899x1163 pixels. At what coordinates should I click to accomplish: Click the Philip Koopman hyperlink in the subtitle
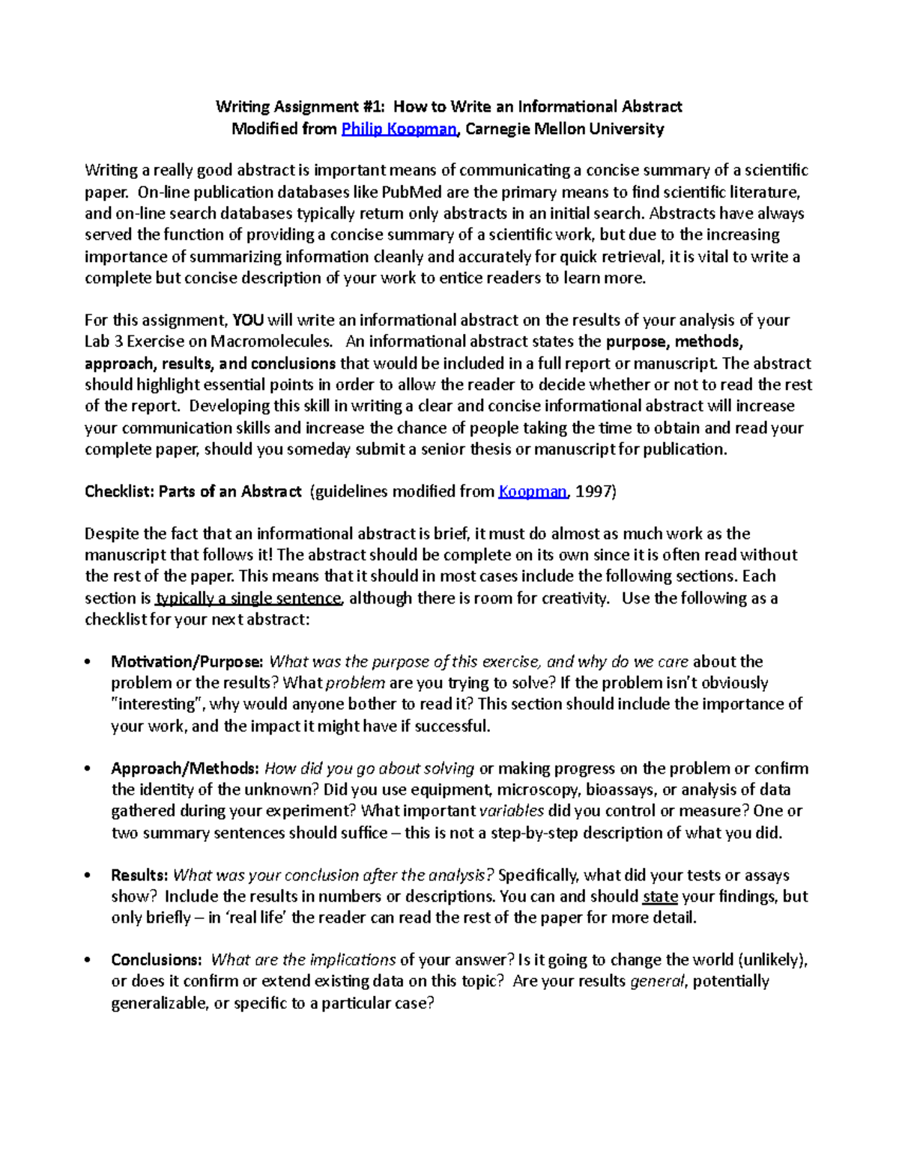(399, 129)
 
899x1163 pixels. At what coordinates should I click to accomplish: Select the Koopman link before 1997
(533, 491)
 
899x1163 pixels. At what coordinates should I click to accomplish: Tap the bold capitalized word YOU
(248, 321)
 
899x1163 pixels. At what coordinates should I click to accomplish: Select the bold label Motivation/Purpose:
(187, 661)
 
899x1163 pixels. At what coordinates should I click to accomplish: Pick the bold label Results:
(139, 875)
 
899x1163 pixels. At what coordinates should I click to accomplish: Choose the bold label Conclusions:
(157, 960)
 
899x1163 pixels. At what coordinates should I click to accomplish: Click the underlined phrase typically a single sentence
(248, 598)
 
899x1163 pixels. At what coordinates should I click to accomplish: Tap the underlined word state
(660, 896)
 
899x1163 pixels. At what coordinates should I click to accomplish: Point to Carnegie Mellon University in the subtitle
(565, 129)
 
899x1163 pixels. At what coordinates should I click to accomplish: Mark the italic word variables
(512, 811)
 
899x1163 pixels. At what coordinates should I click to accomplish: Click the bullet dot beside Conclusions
(88, 961)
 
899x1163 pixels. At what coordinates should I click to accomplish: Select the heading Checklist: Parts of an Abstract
(193, 491)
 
